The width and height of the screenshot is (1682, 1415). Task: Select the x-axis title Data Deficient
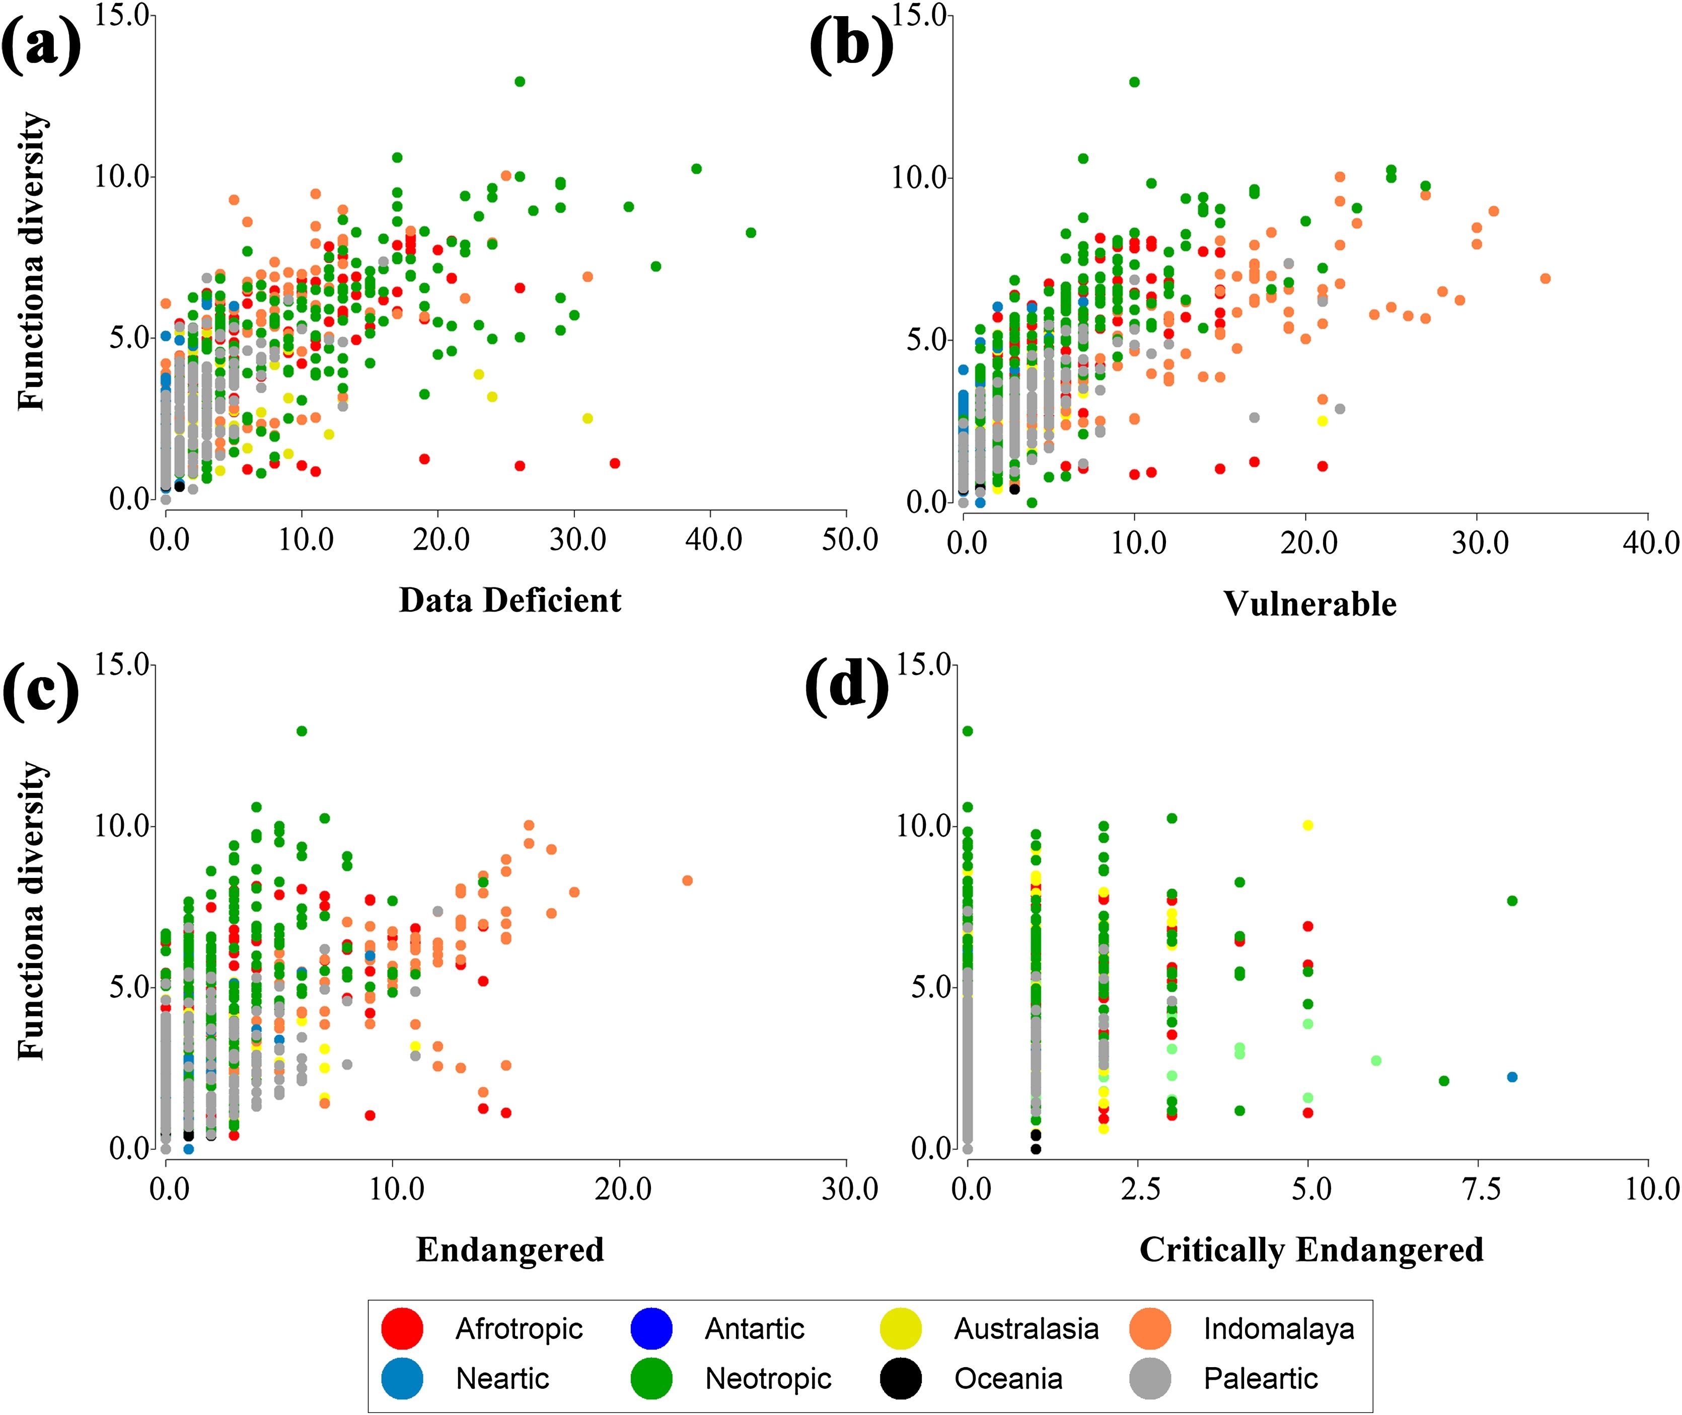(510, 600)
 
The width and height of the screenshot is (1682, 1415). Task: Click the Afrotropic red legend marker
(402, 1329)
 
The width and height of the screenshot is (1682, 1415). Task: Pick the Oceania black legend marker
(901, 1379)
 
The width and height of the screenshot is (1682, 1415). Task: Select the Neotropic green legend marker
(651, 1379)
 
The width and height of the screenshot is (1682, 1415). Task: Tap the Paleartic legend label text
(1260, 1379)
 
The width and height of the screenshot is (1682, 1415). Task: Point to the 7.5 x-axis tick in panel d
(1481, 1188)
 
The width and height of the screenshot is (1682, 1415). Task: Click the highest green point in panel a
(520, 81)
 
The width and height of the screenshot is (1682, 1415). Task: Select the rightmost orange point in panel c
(687, 881)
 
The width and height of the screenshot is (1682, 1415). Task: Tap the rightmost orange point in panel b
(1546, 278)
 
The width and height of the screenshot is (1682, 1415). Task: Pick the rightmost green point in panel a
(751, 233)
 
